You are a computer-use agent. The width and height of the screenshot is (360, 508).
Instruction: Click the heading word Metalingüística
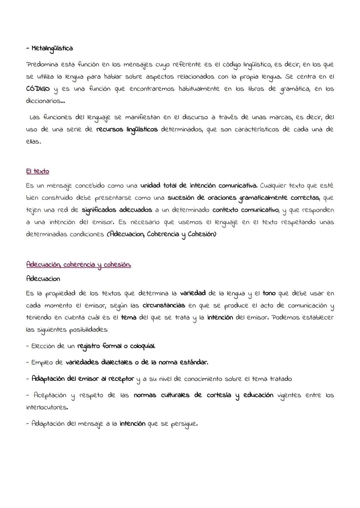pyautogui.click(x=52, y=49)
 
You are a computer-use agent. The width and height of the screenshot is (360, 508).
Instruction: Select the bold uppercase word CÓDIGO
pyautogui.click(x=38, y=89)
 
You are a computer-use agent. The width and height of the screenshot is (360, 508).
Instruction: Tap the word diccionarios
pyautogui.click(x=43, y=101)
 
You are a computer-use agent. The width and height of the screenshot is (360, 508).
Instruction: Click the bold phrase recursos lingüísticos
pyautogui.click(x=127, y=130)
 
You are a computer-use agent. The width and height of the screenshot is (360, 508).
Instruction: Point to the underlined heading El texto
pyautogui.click(x=37, y=171)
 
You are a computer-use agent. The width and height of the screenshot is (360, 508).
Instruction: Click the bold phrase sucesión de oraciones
pyautogui.click(x=201, y=198)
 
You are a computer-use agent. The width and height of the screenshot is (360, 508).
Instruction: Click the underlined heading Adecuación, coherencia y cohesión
pyautogui.click(x=78, y=265)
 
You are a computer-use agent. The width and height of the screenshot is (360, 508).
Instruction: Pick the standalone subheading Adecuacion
pyautogui.click(x=43, y=279)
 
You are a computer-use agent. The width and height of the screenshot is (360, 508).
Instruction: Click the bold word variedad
pyautogui.click(x=193, y=293)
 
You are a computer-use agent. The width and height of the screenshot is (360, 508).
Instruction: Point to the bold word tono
pyautogui.click(x=269, y=293)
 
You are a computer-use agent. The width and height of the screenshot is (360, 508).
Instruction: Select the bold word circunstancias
pyautogui.click(x=164, y=305)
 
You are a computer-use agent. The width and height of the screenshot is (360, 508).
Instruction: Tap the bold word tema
pyautogui.click(x=128, y=317)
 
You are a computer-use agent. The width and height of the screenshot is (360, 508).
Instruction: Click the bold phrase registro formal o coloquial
pyautogui.click(x=116, y=346)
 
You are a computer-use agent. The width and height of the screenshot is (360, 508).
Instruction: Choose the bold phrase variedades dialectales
pyautogui.click(x=98, y=362)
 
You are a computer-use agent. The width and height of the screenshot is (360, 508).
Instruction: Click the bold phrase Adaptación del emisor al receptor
pyautogui.click(x=83, y=379)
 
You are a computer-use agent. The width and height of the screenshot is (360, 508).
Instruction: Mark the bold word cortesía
pyautogui.click(x=219, y=395)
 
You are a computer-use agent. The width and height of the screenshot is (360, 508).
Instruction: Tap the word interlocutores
pyautogui.click(x=46, y=407)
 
